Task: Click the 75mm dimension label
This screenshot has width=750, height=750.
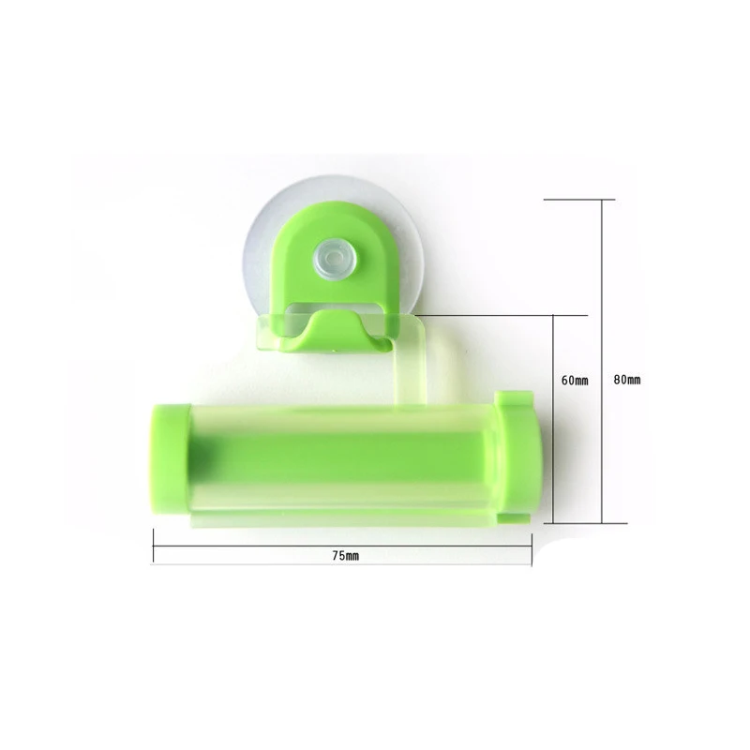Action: coord(345,556)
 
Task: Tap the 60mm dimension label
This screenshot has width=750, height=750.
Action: coord(575,381)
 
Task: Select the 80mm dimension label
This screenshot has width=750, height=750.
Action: coord(626,380)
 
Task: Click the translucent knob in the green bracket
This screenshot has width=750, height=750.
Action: coord(335,261)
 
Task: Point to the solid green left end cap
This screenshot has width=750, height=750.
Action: coord(171,459)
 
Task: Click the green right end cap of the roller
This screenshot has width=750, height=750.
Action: coord(518,458)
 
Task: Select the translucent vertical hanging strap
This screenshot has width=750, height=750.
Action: coord(411,364)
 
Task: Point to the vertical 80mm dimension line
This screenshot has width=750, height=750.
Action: coord(602,361)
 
